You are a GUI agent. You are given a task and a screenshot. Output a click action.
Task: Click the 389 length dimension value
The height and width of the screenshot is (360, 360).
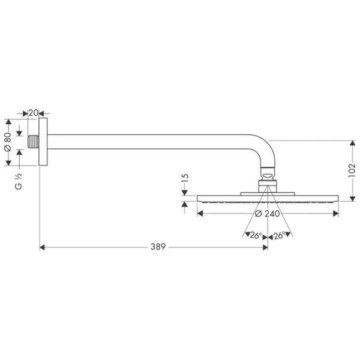[x=158, y=247]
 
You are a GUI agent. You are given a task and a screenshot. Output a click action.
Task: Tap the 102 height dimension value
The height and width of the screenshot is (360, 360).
[x=352, y=170]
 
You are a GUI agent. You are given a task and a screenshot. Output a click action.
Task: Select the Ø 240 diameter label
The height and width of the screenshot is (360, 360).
[x=268, y=213]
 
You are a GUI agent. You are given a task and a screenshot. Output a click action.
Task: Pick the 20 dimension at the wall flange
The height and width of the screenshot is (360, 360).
[x=34, y=112]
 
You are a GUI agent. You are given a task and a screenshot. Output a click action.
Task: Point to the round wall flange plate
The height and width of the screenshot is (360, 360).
[x=43, y=142]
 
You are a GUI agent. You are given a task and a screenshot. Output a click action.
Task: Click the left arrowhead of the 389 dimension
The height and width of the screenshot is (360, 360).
[x=42, y=247]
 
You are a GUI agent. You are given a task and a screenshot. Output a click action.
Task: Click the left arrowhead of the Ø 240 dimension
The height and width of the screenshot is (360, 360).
[x=200, y=213]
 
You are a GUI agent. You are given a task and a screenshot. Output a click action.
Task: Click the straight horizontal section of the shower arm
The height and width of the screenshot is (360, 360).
[x=150, y=142]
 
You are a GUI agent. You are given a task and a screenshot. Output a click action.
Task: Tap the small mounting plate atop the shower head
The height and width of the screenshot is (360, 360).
[x=268, y=193]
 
